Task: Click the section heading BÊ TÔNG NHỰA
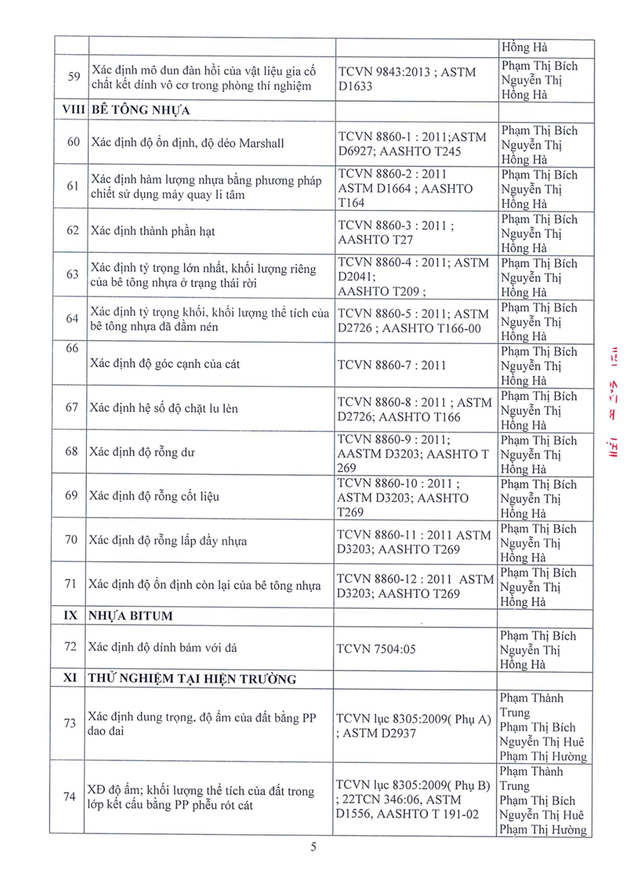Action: [140, 111]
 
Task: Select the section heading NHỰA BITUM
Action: [136, 616]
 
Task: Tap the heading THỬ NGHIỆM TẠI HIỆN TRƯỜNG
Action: [191, 679]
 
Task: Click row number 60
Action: [72, 142]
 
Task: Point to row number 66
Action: [72, 349]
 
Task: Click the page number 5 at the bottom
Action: [314, 847]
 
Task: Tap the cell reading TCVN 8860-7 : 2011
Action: [392, 365]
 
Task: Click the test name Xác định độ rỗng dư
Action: [142, 452]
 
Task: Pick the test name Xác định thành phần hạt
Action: [152, 231]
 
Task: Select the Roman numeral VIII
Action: [72, 111]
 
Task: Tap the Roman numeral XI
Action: [72, 679]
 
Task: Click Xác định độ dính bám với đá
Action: [162, 647]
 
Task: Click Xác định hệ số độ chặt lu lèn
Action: [163, 409]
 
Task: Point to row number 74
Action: [70, 797]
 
